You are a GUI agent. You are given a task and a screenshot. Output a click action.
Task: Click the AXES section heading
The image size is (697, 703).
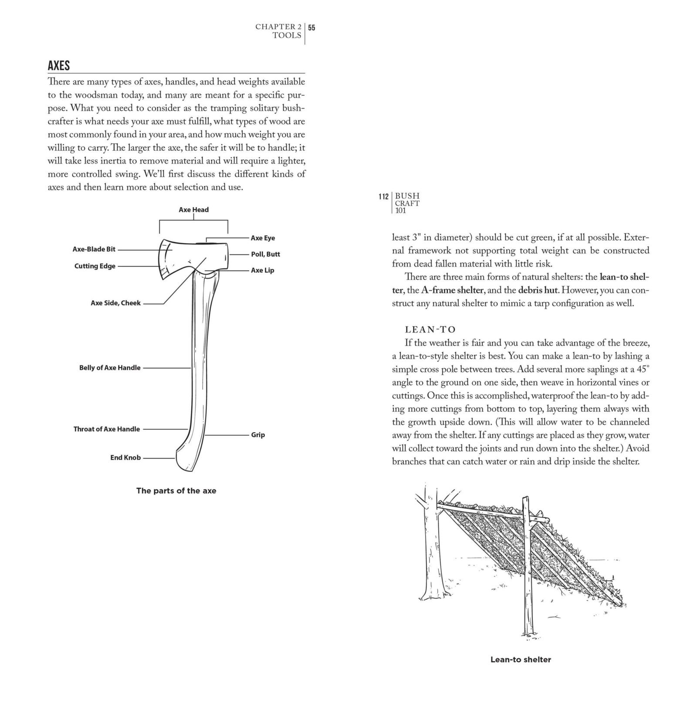(x=59, y=66)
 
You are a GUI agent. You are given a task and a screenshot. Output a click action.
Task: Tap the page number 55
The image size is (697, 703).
(x=312, y=27)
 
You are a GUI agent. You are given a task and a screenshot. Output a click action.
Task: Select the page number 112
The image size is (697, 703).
(x=383, y=197)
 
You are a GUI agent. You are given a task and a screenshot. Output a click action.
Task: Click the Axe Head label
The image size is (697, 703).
(x=193, y=210)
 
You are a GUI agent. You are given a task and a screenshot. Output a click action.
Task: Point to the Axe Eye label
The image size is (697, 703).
(x=263, y=238)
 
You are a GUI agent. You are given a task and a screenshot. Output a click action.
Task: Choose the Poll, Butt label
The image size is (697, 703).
(x=265, y=254)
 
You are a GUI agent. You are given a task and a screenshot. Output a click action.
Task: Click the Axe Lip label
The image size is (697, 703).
(x=262, y=270)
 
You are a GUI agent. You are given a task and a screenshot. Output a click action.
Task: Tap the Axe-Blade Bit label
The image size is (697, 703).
(x=94, y=249)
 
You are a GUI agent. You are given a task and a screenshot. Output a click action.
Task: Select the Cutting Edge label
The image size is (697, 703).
(x=95, y=266)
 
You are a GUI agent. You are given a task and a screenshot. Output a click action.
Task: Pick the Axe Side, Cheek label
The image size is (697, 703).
(x=115, y=303)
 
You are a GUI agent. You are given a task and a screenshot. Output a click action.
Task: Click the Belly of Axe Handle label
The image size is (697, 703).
(x=110, y=368)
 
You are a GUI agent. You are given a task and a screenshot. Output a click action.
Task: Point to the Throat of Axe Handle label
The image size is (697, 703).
(x=106, y=429)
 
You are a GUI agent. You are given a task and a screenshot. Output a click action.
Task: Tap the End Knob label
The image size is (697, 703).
(x=125, y=458)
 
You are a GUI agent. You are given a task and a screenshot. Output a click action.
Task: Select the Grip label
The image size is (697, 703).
(x=258, y=435)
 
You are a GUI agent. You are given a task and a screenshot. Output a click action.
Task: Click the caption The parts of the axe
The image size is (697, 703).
(x=176, y=491)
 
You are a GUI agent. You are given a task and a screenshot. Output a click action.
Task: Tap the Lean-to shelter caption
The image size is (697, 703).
(x=521, y=659)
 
